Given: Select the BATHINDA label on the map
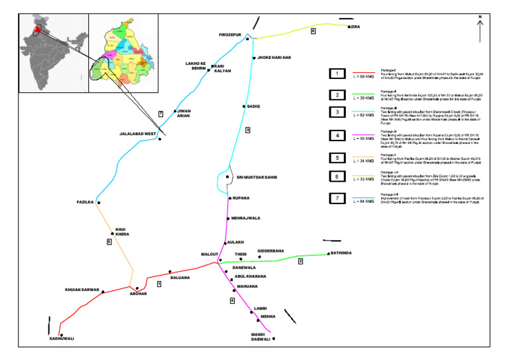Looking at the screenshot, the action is click(339, 253).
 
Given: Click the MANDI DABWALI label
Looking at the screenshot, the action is click(261, 336).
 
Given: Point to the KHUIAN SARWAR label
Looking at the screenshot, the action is click(82, 290).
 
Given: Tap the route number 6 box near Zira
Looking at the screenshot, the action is click(313, 30).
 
